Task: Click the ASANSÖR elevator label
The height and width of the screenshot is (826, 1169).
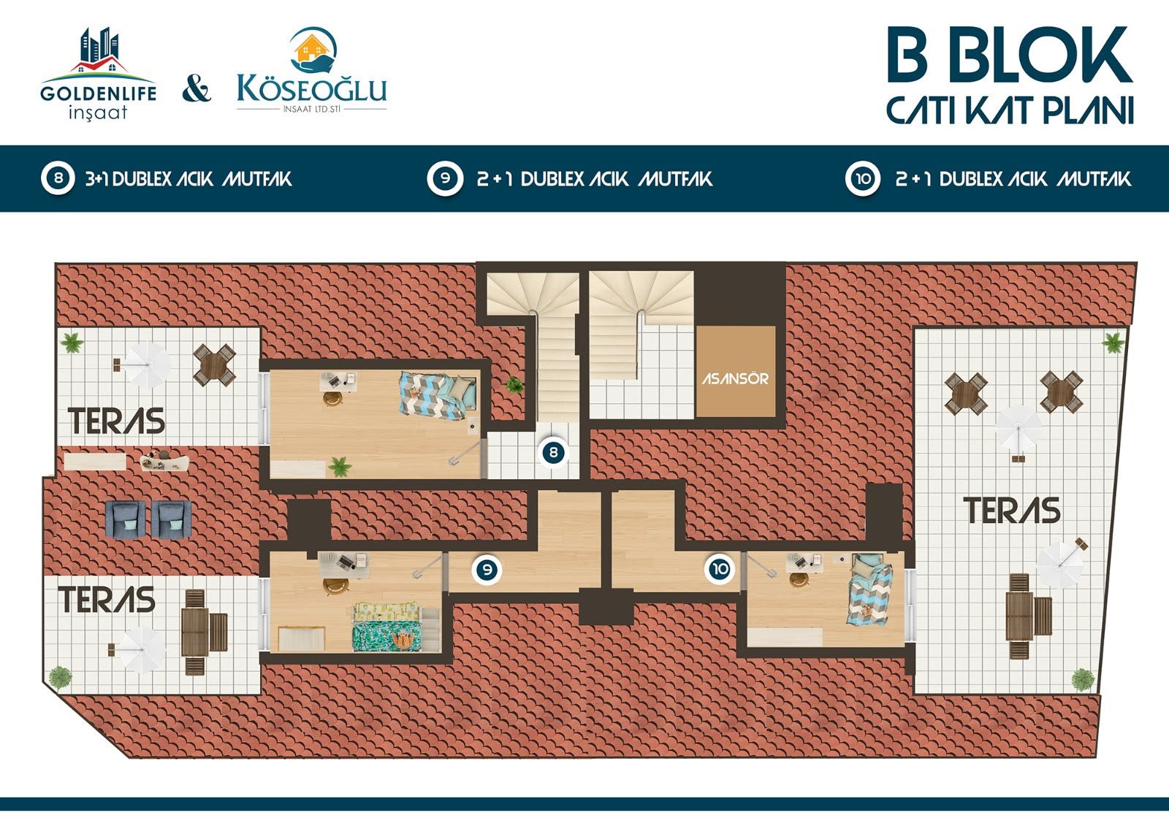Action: pos(735,378)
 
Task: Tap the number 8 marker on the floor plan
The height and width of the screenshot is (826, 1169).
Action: pos(553,452)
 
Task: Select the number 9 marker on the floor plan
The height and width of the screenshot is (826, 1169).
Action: pos(487,570)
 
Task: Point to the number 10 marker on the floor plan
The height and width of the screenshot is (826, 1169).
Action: pos(720,569)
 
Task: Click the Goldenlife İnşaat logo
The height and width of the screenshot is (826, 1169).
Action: pos(98,74)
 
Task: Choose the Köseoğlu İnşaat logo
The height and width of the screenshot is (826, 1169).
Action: pos(311,70)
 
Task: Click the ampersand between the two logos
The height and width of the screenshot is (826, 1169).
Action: pos(197,89)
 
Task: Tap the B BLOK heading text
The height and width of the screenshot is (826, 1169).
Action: pos(1010,55)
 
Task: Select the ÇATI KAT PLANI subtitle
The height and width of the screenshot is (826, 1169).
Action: pos(1010,110)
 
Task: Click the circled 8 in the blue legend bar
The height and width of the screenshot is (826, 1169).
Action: pos(58,178)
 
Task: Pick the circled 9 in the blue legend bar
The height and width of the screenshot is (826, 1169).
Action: pos(445,178)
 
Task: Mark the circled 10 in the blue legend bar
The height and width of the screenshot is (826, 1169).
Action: pos(863,178)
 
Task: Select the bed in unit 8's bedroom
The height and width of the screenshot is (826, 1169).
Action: pos(438,394)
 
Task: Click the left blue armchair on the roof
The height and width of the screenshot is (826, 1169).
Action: pos(125,519)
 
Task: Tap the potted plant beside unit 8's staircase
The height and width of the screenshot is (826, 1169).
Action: pos(514,385)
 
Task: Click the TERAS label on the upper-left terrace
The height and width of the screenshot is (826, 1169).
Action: pos(116,421)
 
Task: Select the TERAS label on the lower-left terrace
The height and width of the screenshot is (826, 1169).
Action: pos(107,599)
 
